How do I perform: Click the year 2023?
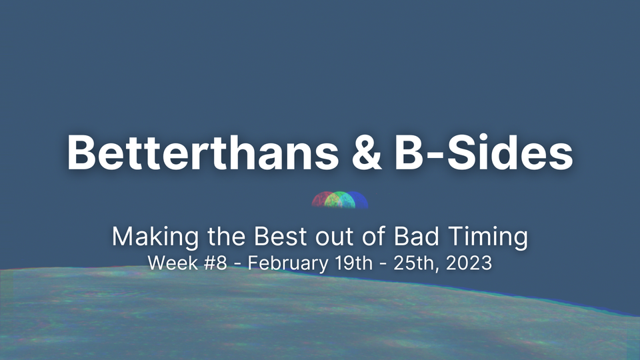(x=467, y=263)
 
